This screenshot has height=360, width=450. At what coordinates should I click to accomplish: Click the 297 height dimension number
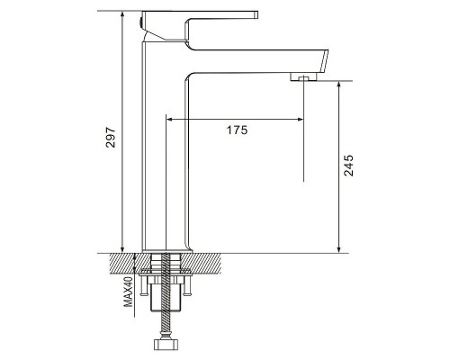(x=111, y=137)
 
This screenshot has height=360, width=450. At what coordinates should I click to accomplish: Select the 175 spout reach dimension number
(x=237, y=130)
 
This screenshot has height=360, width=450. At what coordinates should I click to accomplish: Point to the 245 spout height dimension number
(x=348, y=166)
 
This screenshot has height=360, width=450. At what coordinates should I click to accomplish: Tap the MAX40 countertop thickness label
(x=129, y=292)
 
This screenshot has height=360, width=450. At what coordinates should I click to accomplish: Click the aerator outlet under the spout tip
(x=303, y=76)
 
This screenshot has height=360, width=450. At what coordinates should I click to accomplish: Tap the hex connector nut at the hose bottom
(x=166, y=345)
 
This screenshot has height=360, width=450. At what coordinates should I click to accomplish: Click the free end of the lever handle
(x=256, y=14)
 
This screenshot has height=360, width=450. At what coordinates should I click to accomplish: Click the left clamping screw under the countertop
(x=143, y=286)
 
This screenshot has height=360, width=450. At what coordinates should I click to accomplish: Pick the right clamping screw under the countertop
(x=187, y=286)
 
